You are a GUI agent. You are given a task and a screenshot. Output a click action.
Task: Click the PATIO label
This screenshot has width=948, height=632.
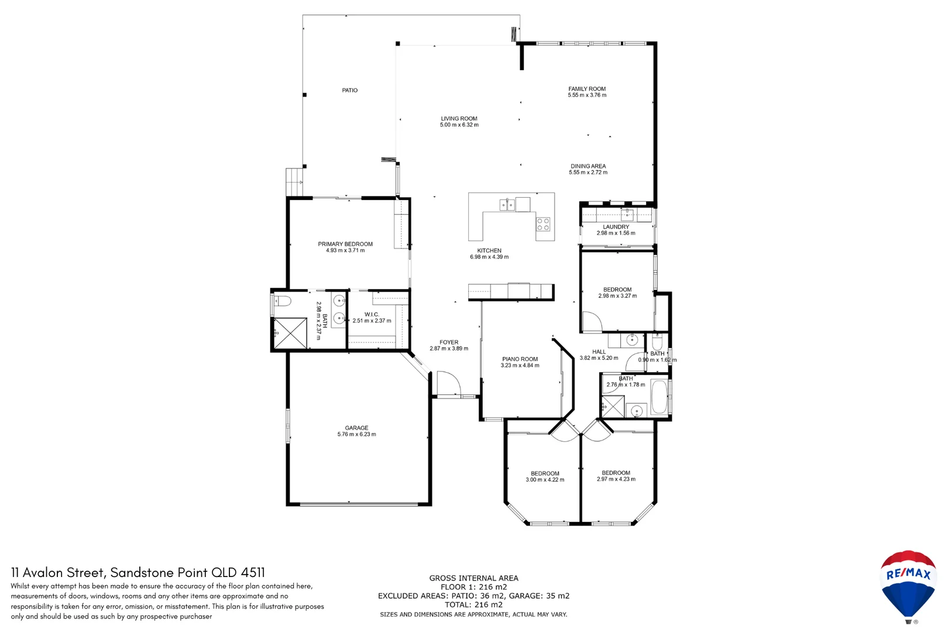tap(349, 90)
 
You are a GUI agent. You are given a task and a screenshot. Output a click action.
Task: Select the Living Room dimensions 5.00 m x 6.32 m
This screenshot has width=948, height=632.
tap(459, 125)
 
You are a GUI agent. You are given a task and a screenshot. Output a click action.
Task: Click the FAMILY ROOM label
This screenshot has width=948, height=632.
tap(587, 89)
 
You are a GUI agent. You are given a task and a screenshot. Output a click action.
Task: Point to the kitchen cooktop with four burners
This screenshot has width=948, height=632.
tap(543, 224)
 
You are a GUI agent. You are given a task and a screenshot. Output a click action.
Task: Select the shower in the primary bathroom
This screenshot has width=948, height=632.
tap(290, 333)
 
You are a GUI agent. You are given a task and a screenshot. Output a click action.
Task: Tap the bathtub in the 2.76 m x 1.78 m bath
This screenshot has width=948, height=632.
tap(660, 397)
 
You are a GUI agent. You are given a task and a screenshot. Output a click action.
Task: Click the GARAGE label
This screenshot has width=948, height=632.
tap(356, 428)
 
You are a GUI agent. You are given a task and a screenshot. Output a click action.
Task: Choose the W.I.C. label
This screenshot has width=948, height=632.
tap(372, 314)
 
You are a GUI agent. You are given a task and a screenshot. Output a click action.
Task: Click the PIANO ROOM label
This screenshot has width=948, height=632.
tap(520, 359)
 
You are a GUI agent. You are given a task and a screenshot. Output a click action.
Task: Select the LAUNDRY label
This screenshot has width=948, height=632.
tap(616, 226)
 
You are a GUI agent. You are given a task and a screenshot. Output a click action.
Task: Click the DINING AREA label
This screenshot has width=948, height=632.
tap(588, 166)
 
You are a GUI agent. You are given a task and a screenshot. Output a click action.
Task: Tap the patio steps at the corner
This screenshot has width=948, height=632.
tap(294, 181)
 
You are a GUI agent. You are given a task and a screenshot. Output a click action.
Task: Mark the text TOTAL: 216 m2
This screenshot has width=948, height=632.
tap(473, 604)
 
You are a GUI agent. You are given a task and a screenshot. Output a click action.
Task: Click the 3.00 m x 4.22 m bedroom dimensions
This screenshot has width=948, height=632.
tap(545, 480)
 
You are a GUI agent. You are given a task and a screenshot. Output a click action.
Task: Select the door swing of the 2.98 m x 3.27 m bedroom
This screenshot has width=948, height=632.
tap(591, 322)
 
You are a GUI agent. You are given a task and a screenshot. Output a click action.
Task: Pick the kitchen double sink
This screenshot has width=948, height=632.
tap(507, 205)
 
